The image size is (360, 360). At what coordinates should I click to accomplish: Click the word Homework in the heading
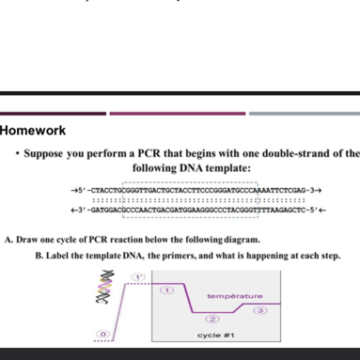33,131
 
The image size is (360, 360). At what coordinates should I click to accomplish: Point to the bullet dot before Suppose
18,151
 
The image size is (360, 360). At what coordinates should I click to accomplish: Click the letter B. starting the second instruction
39,256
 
